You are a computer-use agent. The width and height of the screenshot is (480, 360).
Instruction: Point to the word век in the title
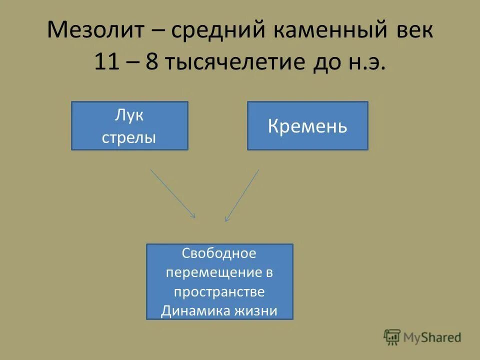413,31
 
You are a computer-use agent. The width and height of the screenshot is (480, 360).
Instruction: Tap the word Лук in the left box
129,115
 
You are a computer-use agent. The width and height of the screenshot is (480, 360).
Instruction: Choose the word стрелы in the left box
129,137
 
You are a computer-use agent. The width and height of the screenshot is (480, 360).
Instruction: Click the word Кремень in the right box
307,126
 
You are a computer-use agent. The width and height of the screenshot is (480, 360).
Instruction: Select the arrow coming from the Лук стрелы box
172,193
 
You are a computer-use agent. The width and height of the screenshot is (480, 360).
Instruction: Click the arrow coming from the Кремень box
242,195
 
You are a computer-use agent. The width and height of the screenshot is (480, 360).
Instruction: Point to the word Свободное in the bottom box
219,253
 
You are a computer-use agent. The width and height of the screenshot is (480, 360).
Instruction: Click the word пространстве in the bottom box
219,292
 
